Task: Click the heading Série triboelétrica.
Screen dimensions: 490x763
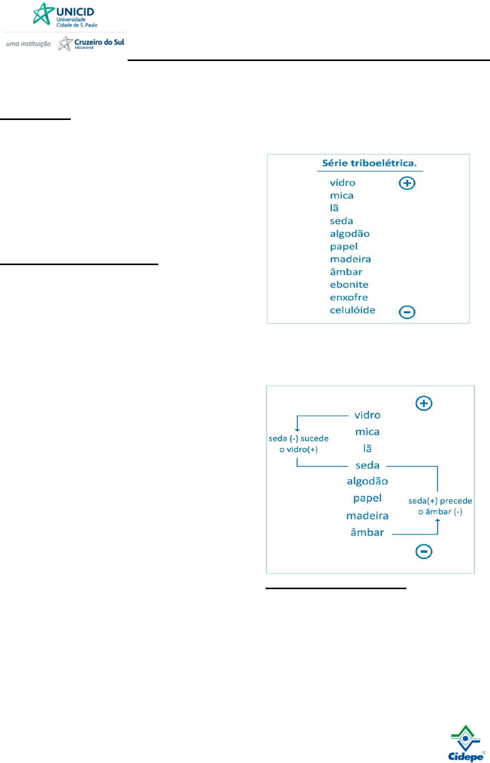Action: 369,163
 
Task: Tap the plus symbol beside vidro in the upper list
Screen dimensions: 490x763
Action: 407,183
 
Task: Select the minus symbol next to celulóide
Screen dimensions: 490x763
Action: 407,312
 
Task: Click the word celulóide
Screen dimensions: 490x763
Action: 352,310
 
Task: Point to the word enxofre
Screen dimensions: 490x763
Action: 349,297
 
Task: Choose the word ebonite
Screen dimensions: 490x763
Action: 349,285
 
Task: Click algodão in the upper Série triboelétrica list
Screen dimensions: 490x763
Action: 350,234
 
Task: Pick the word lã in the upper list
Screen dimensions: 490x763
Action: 334,208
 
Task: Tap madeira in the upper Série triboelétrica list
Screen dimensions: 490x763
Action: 350,259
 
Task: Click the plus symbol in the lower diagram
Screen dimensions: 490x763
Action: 424,404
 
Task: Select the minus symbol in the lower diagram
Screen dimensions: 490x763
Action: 424,552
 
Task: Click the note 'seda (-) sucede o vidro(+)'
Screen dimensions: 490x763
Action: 298,444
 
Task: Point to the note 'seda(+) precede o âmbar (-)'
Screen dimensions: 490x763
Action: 440,506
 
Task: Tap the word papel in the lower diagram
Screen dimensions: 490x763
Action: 367,498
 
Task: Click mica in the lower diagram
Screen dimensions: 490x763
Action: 367,432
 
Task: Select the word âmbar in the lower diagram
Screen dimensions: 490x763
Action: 367,533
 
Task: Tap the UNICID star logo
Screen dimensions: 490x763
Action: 44,14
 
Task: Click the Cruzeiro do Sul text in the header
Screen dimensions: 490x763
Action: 99,43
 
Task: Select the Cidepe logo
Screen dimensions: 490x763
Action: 465,744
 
